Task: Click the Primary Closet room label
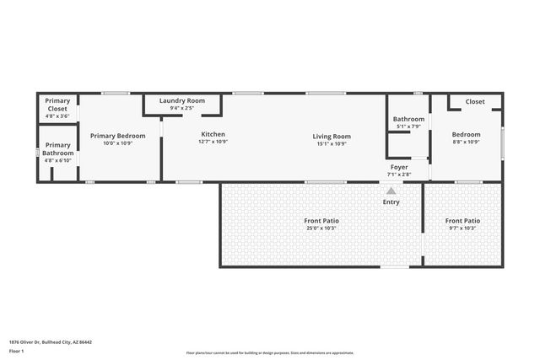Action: point(57,105)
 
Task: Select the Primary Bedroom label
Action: point(118,136)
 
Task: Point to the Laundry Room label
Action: point(181,100)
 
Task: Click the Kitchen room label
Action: point(213,134)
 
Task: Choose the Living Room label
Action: point(332,136)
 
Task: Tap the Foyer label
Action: point(399,167)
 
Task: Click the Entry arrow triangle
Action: point(391,191)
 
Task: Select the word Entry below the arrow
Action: point(391,201)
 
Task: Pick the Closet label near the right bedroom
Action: point(475,102)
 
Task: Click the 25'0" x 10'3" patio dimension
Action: point(321,228)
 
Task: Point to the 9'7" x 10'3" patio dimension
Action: point(462,228)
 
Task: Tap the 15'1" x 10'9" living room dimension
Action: point(332,143)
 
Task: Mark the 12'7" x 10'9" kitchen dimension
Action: point(213,142)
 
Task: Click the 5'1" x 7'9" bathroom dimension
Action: point(408,126)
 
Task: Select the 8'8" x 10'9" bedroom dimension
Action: point(466,142)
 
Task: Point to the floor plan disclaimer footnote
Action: point(270,353)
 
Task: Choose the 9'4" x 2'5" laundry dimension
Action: point(181,108)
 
